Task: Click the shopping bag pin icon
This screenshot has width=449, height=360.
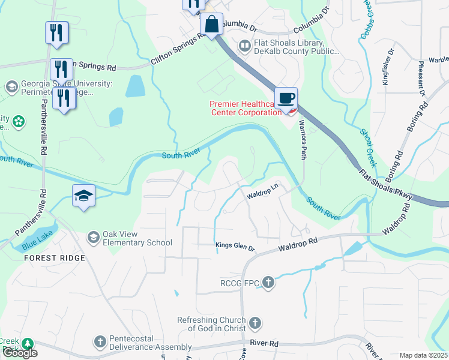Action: click(x=211, y=25)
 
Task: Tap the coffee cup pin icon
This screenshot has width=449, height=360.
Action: click(x=286, y=98)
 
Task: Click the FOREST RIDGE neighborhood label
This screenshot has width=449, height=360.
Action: click(x=55, y=258)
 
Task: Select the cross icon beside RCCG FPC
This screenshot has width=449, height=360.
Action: click(x=268, y=281)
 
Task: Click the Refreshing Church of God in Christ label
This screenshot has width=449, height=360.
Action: click(x=212, y=324)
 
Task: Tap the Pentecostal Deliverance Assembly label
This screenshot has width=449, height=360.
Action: click(x=150, y=343)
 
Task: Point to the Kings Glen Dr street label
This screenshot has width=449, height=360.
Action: click(x=235, y=245)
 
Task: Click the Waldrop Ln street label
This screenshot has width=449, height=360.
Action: click(x=263, y=190)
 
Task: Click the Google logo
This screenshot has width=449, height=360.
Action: click(x=20, y=353)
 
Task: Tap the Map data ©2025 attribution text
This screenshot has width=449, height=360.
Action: click(x=423, y=355)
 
